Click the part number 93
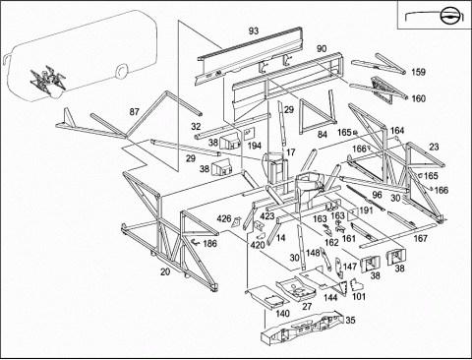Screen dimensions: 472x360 (254, 31)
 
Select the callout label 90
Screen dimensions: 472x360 (322, 48)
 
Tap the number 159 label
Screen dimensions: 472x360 (418, 72)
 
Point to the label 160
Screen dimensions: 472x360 (418, 98)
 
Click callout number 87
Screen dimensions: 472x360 (134, 112)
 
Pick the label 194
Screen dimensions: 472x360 (255, 146)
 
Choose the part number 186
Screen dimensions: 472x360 (209, 243)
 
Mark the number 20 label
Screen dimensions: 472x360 (165, 271)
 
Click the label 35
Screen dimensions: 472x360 (350, 320)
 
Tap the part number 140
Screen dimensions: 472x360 (282, 314)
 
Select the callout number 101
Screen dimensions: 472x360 (359, 296)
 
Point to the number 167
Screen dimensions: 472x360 (420, 238)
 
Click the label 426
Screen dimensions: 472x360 (224, 218)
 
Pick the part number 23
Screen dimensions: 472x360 (434, 147)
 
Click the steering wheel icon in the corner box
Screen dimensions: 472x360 (447, 15)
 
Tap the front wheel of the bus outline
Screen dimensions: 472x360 (121, 72)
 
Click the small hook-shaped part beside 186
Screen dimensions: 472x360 (196, 242)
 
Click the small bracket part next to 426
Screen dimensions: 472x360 (236, 222)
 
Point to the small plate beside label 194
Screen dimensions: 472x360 (248, 133)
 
